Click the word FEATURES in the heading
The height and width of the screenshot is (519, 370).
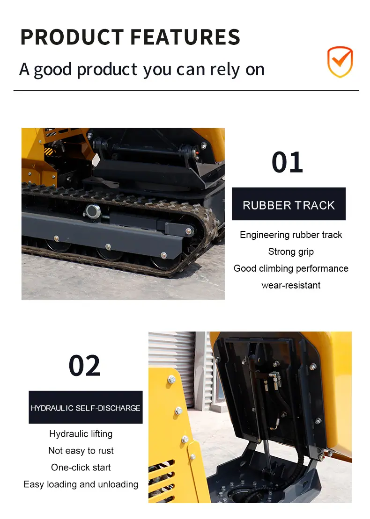pos(185,37)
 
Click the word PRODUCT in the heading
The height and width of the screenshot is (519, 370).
pos(72,37)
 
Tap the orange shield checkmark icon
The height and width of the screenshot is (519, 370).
pos(340,62)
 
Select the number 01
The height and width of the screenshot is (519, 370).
pos(287,162)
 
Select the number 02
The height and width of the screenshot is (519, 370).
pos(84,366)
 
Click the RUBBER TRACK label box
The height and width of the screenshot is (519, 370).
pos(289,204)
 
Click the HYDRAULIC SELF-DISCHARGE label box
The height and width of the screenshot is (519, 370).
pos(86,407)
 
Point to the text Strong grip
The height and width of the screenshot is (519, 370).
pos(291,252)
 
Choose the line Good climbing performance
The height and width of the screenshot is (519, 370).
pos(291,268)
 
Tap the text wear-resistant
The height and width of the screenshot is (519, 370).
pos(291,285)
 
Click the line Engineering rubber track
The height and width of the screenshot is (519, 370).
pos(291,235)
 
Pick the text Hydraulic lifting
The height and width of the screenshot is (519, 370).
pos(81,434)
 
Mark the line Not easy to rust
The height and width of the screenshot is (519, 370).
pos(81,450)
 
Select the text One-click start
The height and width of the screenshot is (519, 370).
pos(81,468)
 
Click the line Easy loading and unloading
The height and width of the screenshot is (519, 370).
pos(81,484)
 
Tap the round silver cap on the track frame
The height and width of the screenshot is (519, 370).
pos(93,211)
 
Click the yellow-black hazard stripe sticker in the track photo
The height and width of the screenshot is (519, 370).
pos(48,151)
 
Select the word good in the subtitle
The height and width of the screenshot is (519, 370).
pos(53,70)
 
